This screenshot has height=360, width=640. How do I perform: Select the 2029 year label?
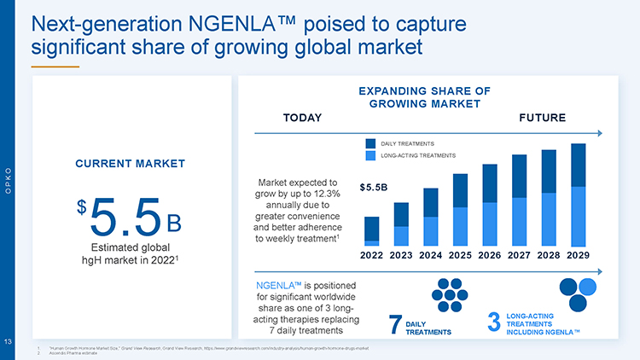point(578,255)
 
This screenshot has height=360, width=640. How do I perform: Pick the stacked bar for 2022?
point(372,231)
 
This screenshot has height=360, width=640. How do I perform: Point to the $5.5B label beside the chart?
point(374,186)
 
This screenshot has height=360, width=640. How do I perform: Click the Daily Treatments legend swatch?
point(370,143)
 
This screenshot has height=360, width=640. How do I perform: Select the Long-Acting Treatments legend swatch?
point(370,155)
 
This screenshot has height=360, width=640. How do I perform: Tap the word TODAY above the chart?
point(302,117)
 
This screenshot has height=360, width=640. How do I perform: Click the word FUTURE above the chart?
point(542,117)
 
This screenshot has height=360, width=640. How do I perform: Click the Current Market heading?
point(131,163)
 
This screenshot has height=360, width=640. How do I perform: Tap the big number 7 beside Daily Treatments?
point(394,325)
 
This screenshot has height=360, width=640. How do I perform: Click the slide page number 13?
point(7,342)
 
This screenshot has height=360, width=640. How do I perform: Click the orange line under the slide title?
point(55,65)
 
